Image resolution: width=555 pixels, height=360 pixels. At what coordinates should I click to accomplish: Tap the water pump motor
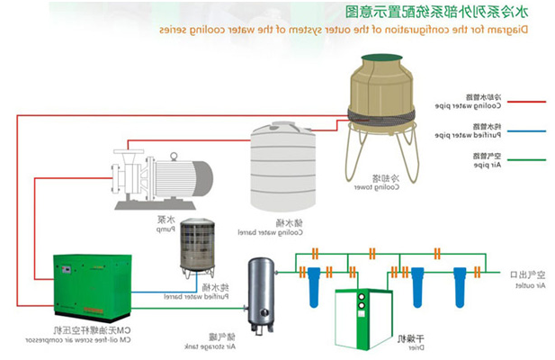click(184, 175)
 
